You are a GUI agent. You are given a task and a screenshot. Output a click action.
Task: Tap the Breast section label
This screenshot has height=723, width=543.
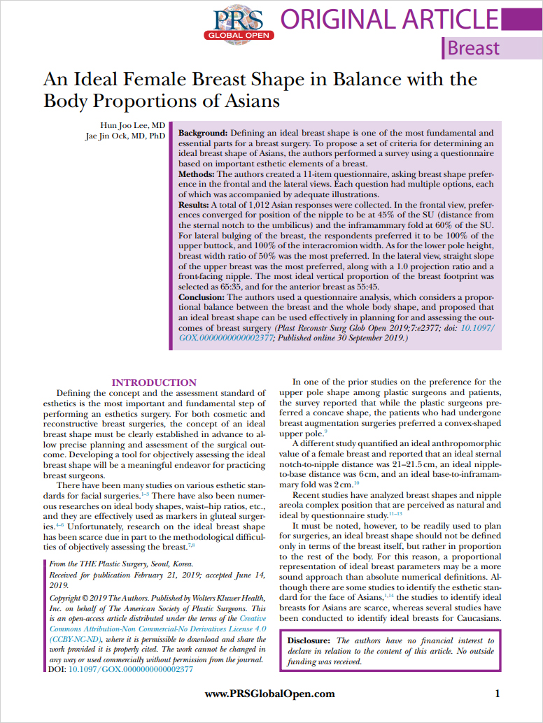[x=474, y=48]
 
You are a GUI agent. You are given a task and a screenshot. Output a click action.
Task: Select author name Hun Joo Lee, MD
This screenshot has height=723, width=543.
[x=140, y=124]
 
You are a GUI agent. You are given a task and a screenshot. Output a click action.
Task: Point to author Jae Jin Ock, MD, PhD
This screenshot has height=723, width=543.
[x=125, y=136]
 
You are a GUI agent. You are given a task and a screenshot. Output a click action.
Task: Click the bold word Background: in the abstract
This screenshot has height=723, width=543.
[x=204, y=133]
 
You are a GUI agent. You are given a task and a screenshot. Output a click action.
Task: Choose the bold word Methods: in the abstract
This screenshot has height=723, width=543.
[x=198, y=173]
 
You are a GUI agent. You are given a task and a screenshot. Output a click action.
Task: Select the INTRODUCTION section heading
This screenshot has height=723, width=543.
[x=155, y=382]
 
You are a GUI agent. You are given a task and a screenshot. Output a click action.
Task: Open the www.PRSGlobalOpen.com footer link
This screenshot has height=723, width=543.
[x=269, y=694]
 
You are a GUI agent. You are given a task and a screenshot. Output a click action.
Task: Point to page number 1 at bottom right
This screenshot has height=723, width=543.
[x=497, y=694]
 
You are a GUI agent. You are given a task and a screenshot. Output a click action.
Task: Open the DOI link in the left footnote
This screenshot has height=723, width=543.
[x=129, y=668]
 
